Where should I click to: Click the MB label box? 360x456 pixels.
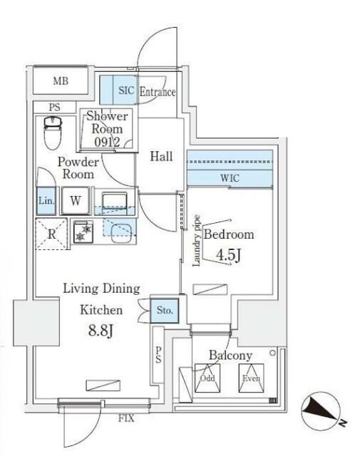(x=61, y=81)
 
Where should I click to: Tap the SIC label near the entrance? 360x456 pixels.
(x=125, y=91)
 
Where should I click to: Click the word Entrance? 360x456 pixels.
(x=157, y=92)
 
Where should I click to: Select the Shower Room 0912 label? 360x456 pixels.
(x=107, y=129)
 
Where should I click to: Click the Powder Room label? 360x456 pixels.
(x=77, y=167)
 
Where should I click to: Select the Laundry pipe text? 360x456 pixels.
(x=197, y=241)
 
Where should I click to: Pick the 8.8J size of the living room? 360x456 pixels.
(x=102, y=331)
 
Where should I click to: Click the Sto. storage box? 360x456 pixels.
(x=166, y=311)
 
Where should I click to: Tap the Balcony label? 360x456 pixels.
(x=230, y=356)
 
